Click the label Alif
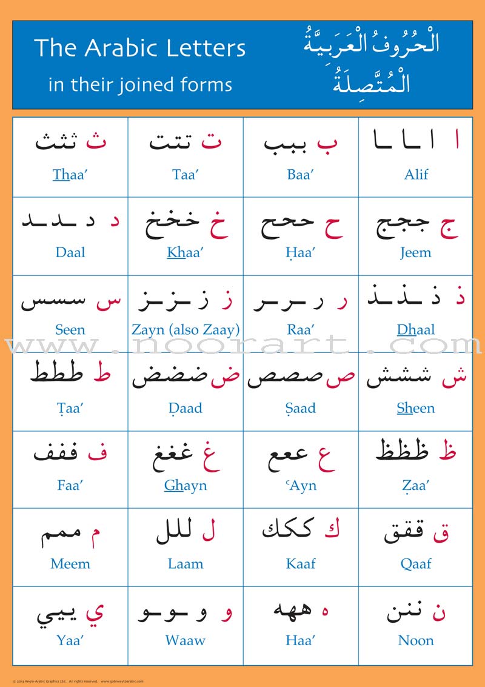(x=416, y=175)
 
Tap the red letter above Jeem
(x=449, y=227)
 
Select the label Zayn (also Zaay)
(x=186, y=330)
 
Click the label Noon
(x=416, y=640)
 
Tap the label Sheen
(x=416, y=408)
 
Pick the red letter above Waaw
(x=227, y=614)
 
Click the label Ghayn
(x=186, y=486)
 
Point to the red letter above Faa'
(x=97, y=454)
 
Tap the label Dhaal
(x=416, y=330)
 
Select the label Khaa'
(x=186, y=252)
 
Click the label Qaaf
(x=416, y=564)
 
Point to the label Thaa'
(x=70, y=175)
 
